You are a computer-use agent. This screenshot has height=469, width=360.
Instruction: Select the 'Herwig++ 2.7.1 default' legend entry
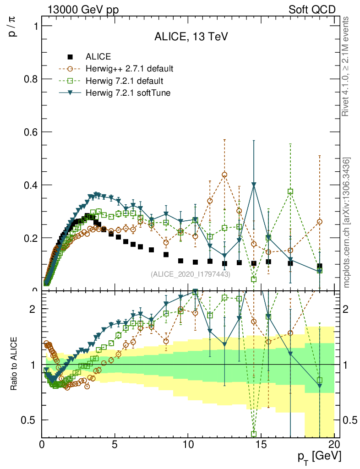(129, 69)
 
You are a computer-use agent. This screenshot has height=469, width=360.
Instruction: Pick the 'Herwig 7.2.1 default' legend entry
(124, 81)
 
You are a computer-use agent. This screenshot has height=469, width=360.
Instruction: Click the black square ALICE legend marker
(70, 57)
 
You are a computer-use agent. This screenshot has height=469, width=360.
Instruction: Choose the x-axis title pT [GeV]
(319, 456)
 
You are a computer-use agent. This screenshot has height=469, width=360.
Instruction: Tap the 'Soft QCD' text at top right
(312, 10)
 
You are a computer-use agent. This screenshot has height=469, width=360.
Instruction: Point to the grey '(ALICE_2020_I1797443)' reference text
(191, 274)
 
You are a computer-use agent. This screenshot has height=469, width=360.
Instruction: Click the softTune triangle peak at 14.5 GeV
(254, 185)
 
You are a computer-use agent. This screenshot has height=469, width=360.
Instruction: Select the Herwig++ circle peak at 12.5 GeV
(224, 175)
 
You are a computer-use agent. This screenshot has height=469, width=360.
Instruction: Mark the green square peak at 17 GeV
(290, 191)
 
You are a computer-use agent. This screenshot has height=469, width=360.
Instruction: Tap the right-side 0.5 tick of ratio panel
(349, 420)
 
